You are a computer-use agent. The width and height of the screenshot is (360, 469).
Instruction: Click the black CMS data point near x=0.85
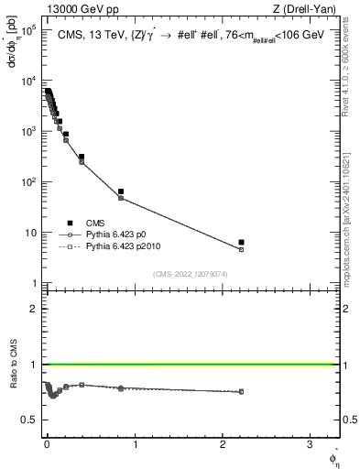coord(121,191)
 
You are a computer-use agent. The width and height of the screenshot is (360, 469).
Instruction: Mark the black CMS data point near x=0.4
coord(82,157)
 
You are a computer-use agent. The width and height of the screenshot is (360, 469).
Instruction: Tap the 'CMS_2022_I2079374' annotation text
coord(180,272)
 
